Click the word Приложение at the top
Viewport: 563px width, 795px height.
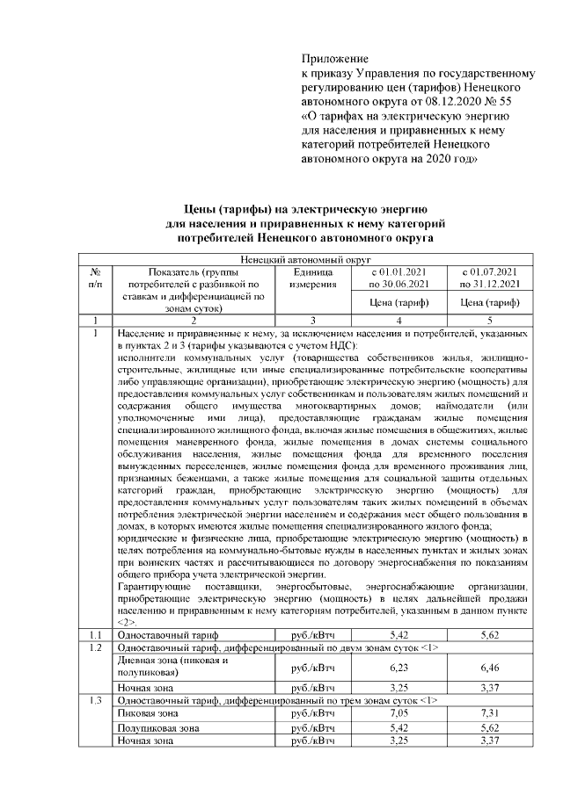[334, 58]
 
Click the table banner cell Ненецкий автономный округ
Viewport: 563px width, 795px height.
[304, 260]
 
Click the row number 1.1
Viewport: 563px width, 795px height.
[96, 633]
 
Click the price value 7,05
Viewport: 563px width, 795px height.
[398, 715]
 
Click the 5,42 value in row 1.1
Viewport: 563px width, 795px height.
[398, 633]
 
